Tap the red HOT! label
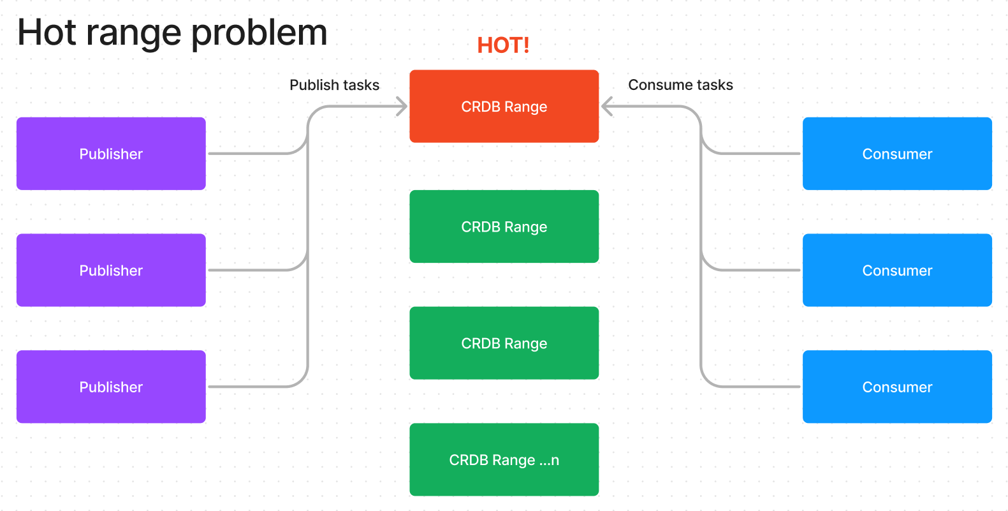[503, 45]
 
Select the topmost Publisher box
[111, 154]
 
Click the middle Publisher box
[111, 270]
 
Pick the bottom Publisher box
[111, 387]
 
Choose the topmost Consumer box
[897, 154]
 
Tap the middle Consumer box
[897, 270]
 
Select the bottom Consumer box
[897, 387]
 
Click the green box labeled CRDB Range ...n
[504, 460]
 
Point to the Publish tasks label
[334, 85]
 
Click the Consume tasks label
[680, 85]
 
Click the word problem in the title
[259, 34]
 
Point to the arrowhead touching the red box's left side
[402, 107]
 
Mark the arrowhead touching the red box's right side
[606, 107]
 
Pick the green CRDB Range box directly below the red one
[504, 226]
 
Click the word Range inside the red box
[526, 107]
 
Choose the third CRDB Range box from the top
[504, 343]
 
